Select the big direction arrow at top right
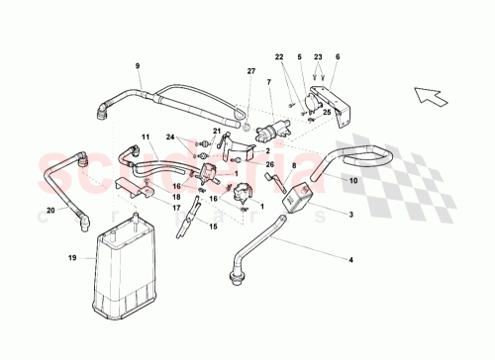[x=432, y=96]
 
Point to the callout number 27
[x=250, y=71]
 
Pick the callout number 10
[x=338, y=58]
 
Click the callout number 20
[x=49, y=210]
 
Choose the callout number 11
[x=144, y=136]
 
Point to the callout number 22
[x=278, y=58]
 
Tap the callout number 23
[x=317, y=58]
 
